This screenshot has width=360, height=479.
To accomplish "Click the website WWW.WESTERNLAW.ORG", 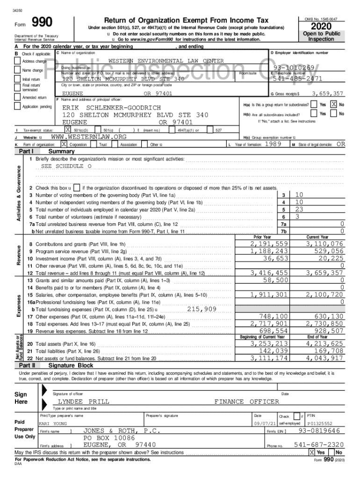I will click(88, 137).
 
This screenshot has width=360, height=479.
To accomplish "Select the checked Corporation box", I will click(64, 145).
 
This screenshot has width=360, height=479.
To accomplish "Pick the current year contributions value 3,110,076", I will click(324, 244).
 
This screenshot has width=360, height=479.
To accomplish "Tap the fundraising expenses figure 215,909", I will click(202, 309).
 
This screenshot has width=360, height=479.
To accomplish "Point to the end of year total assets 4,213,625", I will click(324, 344).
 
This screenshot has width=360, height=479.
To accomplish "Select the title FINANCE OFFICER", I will click(246, 401).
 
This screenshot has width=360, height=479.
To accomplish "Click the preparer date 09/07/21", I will click(261, 424).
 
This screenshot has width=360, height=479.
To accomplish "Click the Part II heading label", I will click(27, 365).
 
